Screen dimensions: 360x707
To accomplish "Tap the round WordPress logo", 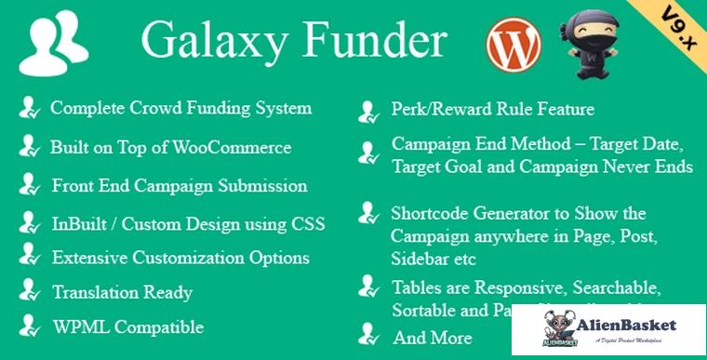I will tap(513, 46).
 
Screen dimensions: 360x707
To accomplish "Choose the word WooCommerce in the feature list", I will tap(236, 148).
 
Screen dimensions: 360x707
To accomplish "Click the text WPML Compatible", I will tap(127, 327).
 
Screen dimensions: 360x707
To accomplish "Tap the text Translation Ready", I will tap(123, 291).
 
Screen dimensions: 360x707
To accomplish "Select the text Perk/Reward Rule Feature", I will tap(493, 110).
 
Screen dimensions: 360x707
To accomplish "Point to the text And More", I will tap(432, 337).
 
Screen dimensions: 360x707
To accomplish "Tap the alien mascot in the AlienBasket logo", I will tap(558, 329).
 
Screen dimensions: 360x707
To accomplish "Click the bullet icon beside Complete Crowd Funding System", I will tap(29, 109).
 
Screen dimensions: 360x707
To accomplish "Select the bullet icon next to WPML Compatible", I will tap(29, 327).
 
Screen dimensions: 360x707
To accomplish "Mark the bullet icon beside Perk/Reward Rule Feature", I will tap(368, 112).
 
